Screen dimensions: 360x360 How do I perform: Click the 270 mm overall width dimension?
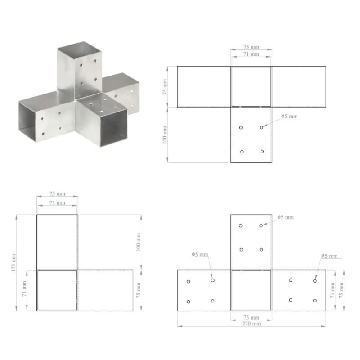(251, 324)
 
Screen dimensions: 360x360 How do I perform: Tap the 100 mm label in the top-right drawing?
(165, 135)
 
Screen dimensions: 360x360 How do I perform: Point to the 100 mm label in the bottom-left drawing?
(139, 242)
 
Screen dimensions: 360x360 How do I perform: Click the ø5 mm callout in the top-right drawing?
(289, 116)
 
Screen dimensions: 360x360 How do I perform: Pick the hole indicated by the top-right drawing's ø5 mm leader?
(261, 128)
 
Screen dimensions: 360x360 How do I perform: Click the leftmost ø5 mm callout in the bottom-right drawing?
(200, 254)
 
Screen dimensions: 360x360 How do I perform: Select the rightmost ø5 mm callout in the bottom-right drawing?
(329, 256)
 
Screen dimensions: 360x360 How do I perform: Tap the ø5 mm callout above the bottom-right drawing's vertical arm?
(286, 217)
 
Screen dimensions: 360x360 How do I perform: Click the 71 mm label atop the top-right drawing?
(251, 54)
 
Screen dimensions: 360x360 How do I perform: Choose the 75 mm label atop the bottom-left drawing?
(57, 194)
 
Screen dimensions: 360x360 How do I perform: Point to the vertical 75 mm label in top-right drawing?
(165, 87)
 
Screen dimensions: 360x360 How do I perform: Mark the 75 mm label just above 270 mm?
(251, 317)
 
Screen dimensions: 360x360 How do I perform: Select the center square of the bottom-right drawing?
(251, 290)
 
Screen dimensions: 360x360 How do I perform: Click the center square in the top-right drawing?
(251, 87)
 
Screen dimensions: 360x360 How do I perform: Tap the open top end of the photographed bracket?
(79, 48)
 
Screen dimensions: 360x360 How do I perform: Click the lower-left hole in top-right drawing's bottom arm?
(242, 152)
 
